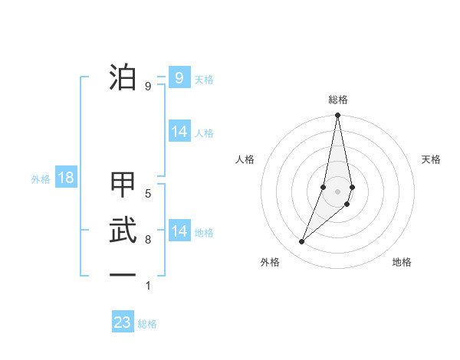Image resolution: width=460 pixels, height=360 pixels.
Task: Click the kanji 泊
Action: pos(123,77)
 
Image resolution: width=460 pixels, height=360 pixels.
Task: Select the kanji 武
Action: pos(123,230)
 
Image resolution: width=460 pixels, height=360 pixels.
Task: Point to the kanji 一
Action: pos(123,273)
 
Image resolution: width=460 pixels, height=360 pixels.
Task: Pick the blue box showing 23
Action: pos(123,322)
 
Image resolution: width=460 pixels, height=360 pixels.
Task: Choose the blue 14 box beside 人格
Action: pos(179,132)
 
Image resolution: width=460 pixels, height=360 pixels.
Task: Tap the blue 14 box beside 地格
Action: pos(179,231)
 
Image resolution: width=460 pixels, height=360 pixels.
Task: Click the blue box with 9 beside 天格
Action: pos(179,78)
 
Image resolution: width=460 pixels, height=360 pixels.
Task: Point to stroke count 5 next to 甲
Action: pos(148,194)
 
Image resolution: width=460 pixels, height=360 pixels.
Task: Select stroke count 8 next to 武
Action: pos(148,240)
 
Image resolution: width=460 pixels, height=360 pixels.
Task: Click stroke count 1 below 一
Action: pos(148,286)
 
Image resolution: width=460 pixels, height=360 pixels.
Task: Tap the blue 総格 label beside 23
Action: pos(147,324)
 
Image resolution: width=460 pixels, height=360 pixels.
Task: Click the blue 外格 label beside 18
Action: pos(41,179)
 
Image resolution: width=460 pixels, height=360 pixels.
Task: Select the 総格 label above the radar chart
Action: pos(337,100)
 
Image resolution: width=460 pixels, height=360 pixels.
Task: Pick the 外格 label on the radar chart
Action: pos(270,262)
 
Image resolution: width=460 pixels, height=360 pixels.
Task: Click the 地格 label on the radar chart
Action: pos(402,262)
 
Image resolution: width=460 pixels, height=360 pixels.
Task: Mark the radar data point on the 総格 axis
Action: pos(337,116)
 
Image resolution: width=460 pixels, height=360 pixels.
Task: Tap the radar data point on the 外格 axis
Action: pos(301,242)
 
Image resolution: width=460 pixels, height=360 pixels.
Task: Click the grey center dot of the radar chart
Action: pos(337,191)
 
